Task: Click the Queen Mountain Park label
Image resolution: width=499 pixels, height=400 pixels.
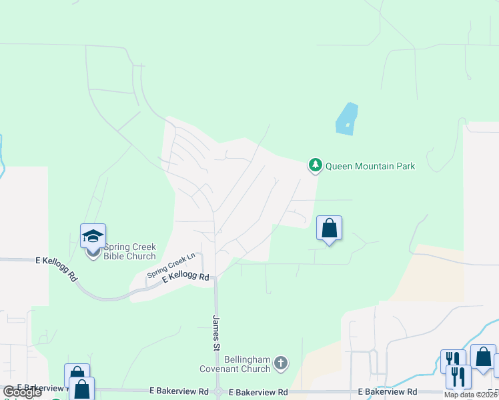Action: (x=370, y=166)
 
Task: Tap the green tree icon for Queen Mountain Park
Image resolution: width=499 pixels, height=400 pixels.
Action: (x=315, y=165)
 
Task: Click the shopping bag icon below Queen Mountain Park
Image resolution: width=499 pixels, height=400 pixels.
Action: (x=329, y=229)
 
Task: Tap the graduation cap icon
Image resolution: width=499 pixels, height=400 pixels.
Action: (x=93, y=235)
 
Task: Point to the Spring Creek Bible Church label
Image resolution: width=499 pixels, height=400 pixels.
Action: (x=129, y=251)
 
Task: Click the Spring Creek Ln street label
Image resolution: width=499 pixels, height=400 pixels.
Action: (x=171, y=264)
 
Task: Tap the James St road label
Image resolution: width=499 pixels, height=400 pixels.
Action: (x=216, y=333)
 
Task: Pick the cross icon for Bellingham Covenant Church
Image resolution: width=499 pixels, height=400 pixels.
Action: (x=281, y=363)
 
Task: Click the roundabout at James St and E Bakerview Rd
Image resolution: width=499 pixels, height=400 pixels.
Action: (x=219, y=391)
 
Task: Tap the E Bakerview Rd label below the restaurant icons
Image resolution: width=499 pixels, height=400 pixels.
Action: (x=388, y=391)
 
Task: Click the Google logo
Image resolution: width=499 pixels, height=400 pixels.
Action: (x=23, y=392)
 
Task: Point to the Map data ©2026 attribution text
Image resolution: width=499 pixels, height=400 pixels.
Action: (x=471, y=395)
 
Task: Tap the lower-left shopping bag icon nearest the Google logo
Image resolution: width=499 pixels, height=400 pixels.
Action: (x=81, y=388)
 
